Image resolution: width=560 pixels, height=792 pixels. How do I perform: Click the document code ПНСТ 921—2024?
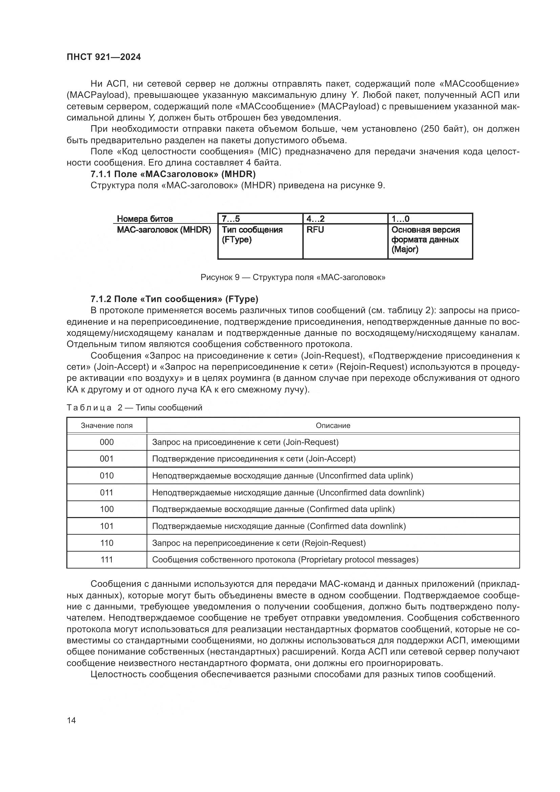tap(104, 57)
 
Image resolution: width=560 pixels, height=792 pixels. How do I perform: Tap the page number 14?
tap(71, 720)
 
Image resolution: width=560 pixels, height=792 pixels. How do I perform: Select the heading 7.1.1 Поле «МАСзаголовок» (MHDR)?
tap(173, 174)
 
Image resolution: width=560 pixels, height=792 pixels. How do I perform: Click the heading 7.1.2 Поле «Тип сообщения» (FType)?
tap(174, 299)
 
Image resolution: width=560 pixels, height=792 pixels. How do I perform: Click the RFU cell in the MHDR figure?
tap(345, 241)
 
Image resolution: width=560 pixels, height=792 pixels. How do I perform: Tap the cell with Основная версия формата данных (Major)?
tap(430, 240)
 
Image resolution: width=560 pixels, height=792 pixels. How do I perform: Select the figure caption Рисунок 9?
tap(293, 277)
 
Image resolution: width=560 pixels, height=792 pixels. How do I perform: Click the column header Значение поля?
tap(107, 426)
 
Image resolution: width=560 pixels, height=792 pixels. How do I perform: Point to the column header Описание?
tap(333, 426)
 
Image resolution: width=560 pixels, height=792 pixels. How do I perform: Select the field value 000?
tap(107, 442)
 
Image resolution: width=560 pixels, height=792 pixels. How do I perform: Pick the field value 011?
tap(107, 493)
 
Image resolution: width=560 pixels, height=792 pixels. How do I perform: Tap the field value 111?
tap(107, 559)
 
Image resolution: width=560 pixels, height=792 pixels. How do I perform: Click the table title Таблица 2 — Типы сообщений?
tap(134, 408)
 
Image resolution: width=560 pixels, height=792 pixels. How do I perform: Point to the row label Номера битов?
tap(145, 219)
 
